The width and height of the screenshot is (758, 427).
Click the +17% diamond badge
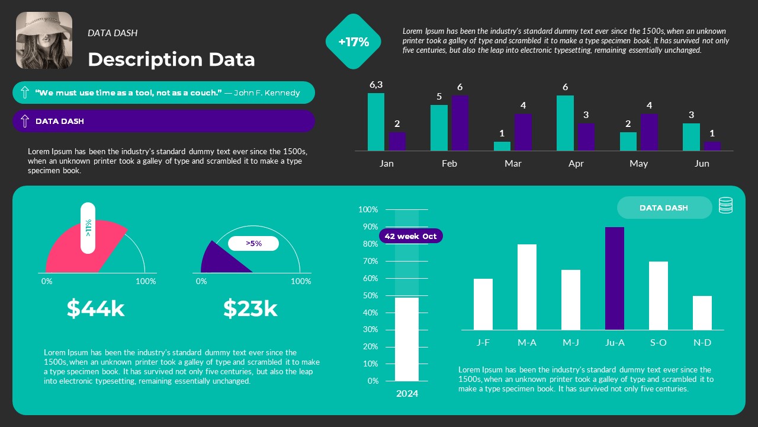coord(354,42)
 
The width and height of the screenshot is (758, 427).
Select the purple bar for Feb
coord(460,123)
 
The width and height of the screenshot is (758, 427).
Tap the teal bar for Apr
coord(565,123)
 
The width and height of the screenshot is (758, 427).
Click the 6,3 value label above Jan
coord(376,85)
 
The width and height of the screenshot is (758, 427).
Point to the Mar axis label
coord(513,164)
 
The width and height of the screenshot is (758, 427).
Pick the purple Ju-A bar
coord(614,279)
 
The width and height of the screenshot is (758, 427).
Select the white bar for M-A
coord(526,287)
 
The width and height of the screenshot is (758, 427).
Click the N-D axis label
coord(702,342)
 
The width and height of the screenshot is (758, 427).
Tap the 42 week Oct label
coord(410,236)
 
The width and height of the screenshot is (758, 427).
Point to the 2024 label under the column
coord(407,393)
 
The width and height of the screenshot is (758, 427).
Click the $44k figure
coord(96,308)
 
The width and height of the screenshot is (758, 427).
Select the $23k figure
coord(250,308)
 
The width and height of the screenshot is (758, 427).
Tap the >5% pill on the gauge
coord(253,243)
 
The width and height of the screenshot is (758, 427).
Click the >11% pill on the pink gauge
coord(88,228)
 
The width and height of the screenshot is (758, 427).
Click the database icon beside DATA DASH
coord(725,205)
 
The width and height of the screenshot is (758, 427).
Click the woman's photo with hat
coord(44,40)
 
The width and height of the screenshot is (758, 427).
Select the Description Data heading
coord(171,59)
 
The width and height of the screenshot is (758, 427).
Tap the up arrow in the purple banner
coord(25,121)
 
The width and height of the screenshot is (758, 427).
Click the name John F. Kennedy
coord(266,93)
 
